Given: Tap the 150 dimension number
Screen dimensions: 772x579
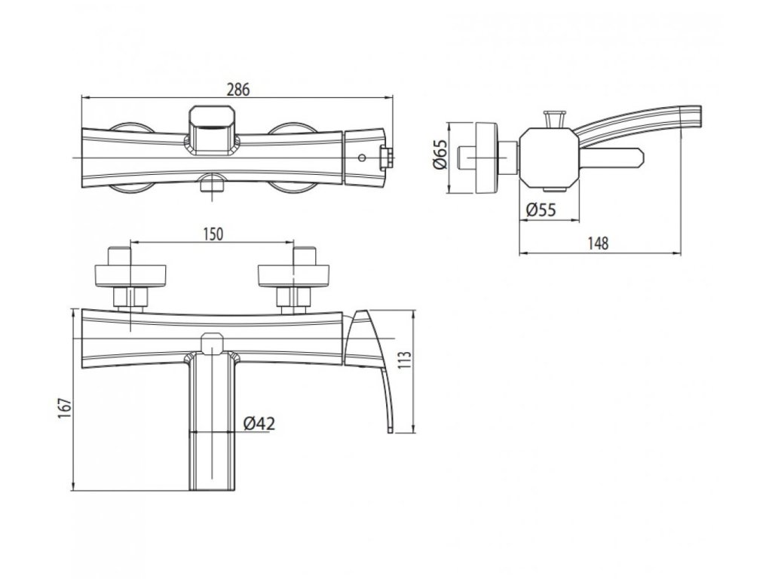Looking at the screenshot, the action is (x=213, y=234).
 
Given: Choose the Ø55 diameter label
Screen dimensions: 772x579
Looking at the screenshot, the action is (x=539, y=210).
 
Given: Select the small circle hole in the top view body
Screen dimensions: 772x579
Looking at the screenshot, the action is (x=362, y=158).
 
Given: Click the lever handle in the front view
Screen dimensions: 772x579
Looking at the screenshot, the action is (x=372, y=362).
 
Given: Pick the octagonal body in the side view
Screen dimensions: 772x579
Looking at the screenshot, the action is (x=549, y=158).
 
